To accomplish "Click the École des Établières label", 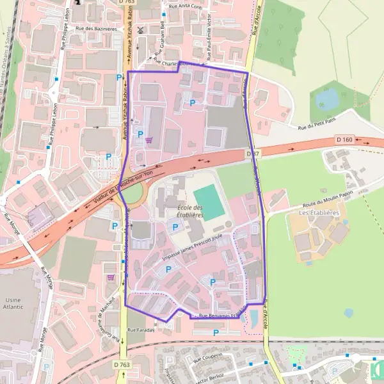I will point(189,212).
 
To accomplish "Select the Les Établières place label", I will point(317,212).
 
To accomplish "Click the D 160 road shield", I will point(344,139).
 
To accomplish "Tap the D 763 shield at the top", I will point(127,3).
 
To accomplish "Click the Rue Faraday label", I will point(141,330).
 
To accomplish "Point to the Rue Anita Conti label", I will point(185,6).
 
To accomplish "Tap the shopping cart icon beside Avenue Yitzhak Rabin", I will point(149,140).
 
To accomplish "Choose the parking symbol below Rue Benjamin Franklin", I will point(216,332).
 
